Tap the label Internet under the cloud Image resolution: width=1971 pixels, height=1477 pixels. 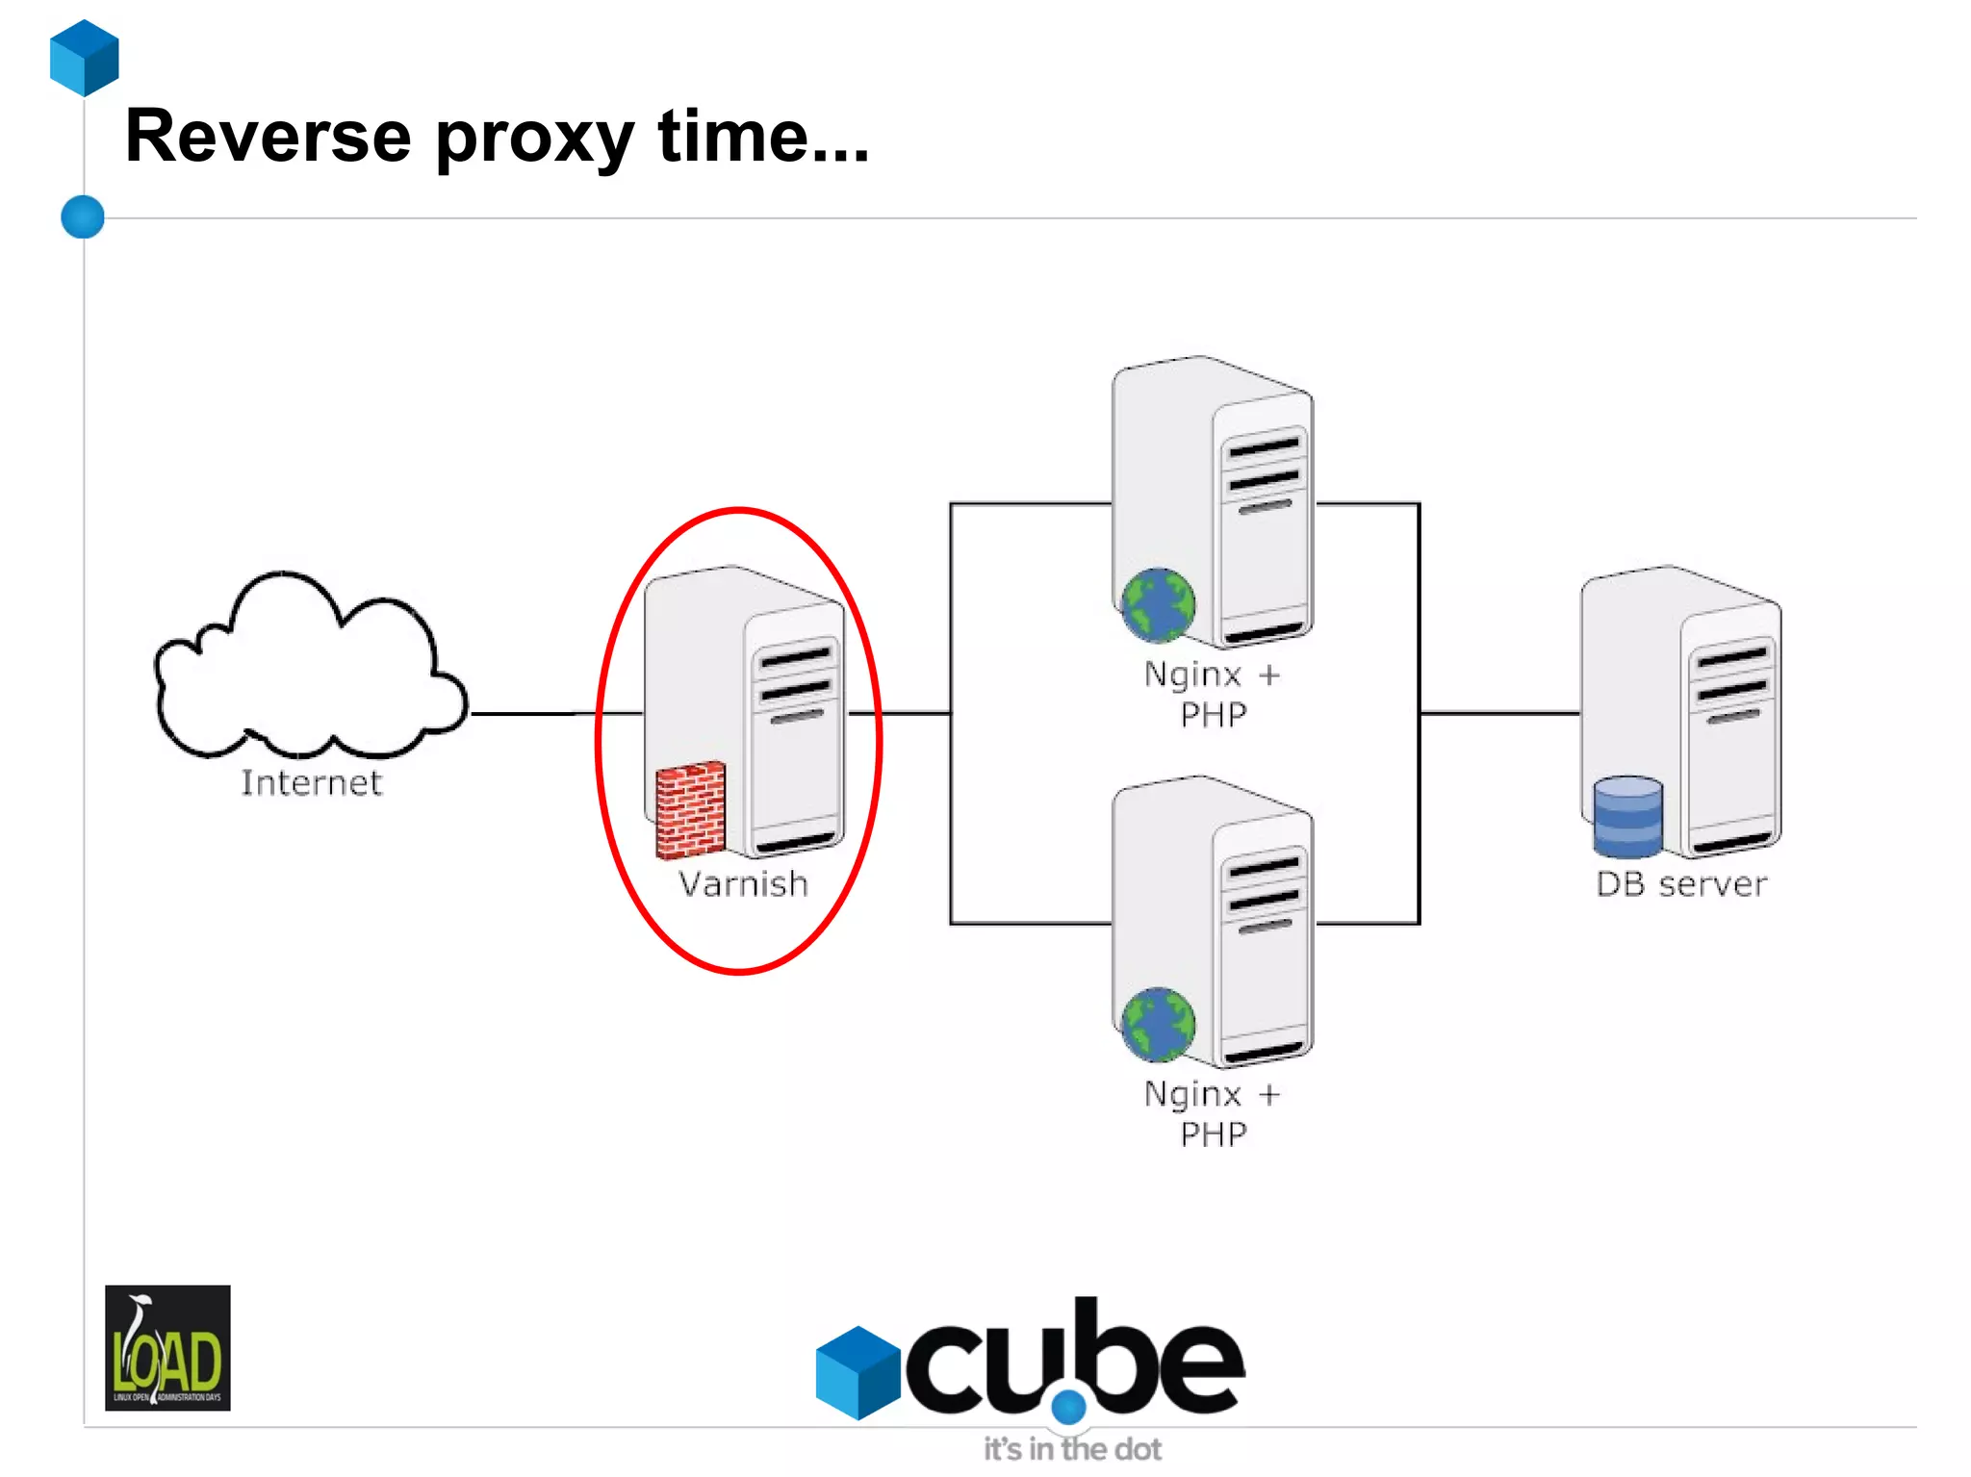click(311, 783)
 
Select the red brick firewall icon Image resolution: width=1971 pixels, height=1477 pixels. click(690, 810)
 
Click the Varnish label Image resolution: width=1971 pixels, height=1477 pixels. click(743, 884)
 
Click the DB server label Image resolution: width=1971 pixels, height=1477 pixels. click(1681, 884)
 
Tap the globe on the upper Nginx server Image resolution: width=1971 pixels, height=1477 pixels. click(1158, 604)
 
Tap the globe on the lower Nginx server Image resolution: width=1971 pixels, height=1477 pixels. click(1158, 1025)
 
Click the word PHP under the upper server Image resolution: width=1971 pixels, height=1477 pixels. click(1214, 716)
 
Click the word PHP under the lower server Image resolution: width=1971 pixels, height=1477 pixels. click(1214, 1135)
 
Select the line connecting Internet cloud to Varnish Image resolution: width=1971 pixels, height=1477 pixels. click(539, 714)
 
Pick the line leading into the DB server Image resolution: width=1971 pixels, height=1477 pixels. click(1499, 713)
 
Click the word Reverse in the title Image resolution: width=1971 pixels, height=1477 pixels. click(268, 137)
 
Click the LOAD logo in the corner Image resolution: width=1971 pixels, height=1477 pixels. click(167, 1347)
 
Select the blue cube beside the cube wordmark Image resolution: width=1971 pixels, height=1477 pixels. click(858, 1372)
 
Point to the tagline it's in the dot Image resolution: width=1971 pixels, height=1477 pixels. click(1072, 1449)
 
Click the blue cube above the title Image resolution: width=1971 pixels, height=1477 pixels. click(85, 58)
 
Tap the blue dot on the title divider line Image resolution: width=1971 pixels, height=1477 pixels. click(83, 216)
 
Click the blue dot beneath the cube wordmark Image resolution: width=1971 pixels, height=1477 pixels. click(1068, 1408)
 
